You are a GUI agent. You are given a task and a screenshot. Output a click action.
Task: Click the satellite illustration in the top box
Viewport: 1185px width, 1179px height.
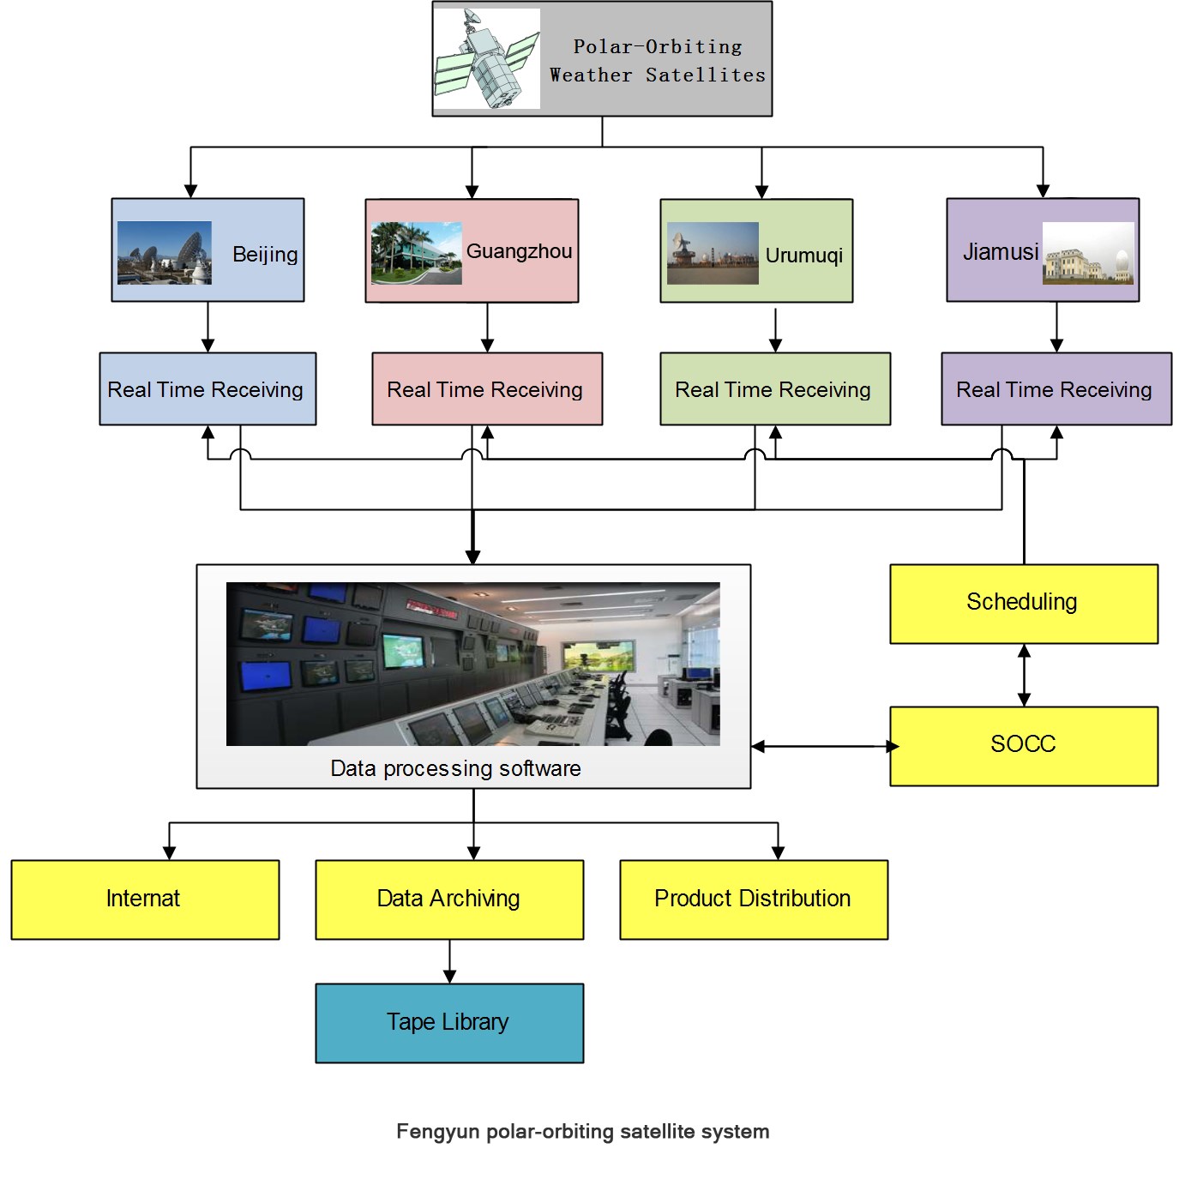click(487, 58)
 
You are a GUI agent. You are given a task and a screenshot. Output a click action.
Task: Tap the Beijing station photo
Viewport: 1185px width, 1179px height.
click(164, 253)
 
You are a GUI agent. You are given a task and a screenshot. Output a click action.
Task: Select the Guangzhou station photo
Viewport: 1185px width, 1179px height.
click(417, 253)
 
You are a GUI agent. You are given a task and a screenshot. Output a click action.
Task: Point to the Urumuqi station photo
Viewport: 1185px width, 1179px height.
click(713, 253)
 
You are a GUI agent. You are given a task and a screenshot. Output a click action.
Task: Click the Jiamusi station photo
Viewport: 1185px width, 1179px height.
click(1088, 253)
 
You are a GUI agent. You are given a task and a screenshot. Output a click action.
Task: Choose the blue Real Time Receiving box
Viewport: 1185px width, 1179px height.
click(208, 389)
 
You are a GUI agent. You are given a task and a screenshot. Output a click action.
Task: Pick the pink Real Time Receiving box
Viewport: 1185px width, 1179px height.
click(487, 389)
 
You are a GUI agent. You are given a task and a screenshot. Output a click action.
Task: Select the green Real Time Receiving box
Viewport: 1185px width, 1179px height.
click(775, 389)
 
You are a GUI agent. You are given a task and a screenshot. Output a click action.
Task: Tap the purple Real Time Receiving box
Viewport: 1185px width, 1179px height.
click(1056, 389)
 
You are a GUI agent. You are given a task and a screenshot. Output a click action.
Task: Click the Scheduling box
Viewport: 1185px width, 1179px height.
click(1024, 604)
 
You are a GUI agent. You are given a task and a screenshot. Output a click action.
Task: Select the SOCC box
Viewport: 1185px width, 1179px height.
click(1024, 746)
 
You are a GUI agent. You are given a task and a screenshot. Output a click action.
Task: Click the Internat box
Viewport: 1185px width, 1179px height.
click(145, 899)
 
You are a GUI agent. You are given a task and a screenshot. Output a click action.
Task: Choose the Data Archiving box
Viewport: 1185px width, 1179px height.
click(449, 899)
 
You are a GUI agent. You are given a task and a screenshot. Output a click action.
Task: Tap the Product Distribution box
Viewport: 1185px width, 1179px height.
click(754, 899)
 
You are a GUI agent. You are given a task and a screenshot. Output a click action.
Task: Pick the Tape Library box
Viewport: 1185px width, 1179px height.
click(449, 1023)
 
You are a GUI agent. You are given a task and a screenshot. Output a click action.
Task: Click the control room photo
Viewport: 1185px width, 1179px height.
click(473, 664)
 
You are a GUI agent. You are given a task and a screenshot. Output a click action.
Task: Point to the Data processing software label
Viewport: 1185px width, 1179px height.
click(456, 768)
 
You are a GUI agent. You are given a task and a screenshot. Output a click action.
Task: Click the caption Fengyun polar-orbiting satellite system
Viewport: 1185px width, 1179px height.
click(583, 1132)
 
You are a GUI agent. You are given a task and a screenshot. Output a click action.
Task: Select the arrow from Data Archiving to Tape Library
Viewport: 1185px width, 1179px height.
click(449, 962)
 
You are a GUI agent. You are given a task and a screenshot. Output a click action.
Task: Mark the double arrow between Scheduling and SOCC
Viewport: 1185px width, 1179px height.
click(1024, 675)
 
